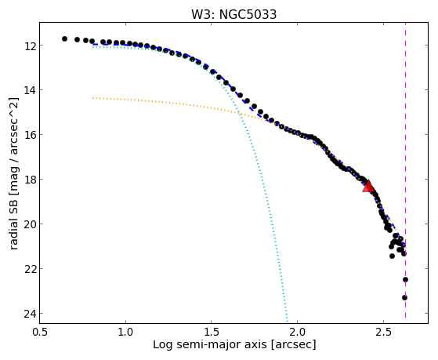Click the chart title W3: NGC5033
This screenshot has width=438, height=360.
[233, 14]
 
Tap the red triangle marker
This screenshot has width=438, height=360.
[368, 187]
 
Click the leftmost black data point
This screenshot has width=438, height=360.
[64, 38]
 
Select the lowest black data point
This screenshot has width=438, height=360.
[404, 297]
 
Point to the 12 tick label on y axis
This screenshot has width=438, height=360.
[30, 45]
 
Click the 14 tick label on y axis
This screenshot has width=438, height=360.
[30, 90]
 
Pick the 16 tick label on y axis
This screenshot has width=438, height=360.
[30, 135]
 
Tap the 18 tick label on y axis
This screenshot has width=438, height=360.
[30, 180]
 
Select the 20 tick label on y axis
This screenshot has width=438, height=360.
[30, 224]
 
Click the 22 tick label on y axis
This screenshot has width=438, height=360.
[30, 269]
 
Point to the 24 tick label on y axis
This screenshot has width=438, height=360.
[30, 314]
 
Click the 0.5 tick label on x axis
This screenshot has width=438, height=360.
[40, 332]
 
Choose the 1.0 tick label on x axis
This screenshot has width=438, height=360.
[125, 332]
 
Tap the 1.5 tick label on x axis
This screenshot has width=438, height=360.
[212, 332]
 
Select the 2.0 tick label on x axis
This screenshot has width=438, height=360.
[298, 332]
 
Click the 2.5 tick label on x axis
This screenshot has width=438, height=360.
[383, 332]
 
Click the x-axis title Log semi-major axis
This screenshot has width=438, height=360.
[210, 345]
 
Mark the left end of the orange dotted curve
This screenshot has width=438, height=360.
[93, 98]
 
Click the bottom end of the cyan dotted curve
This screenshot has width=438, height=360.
[287, 321]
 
